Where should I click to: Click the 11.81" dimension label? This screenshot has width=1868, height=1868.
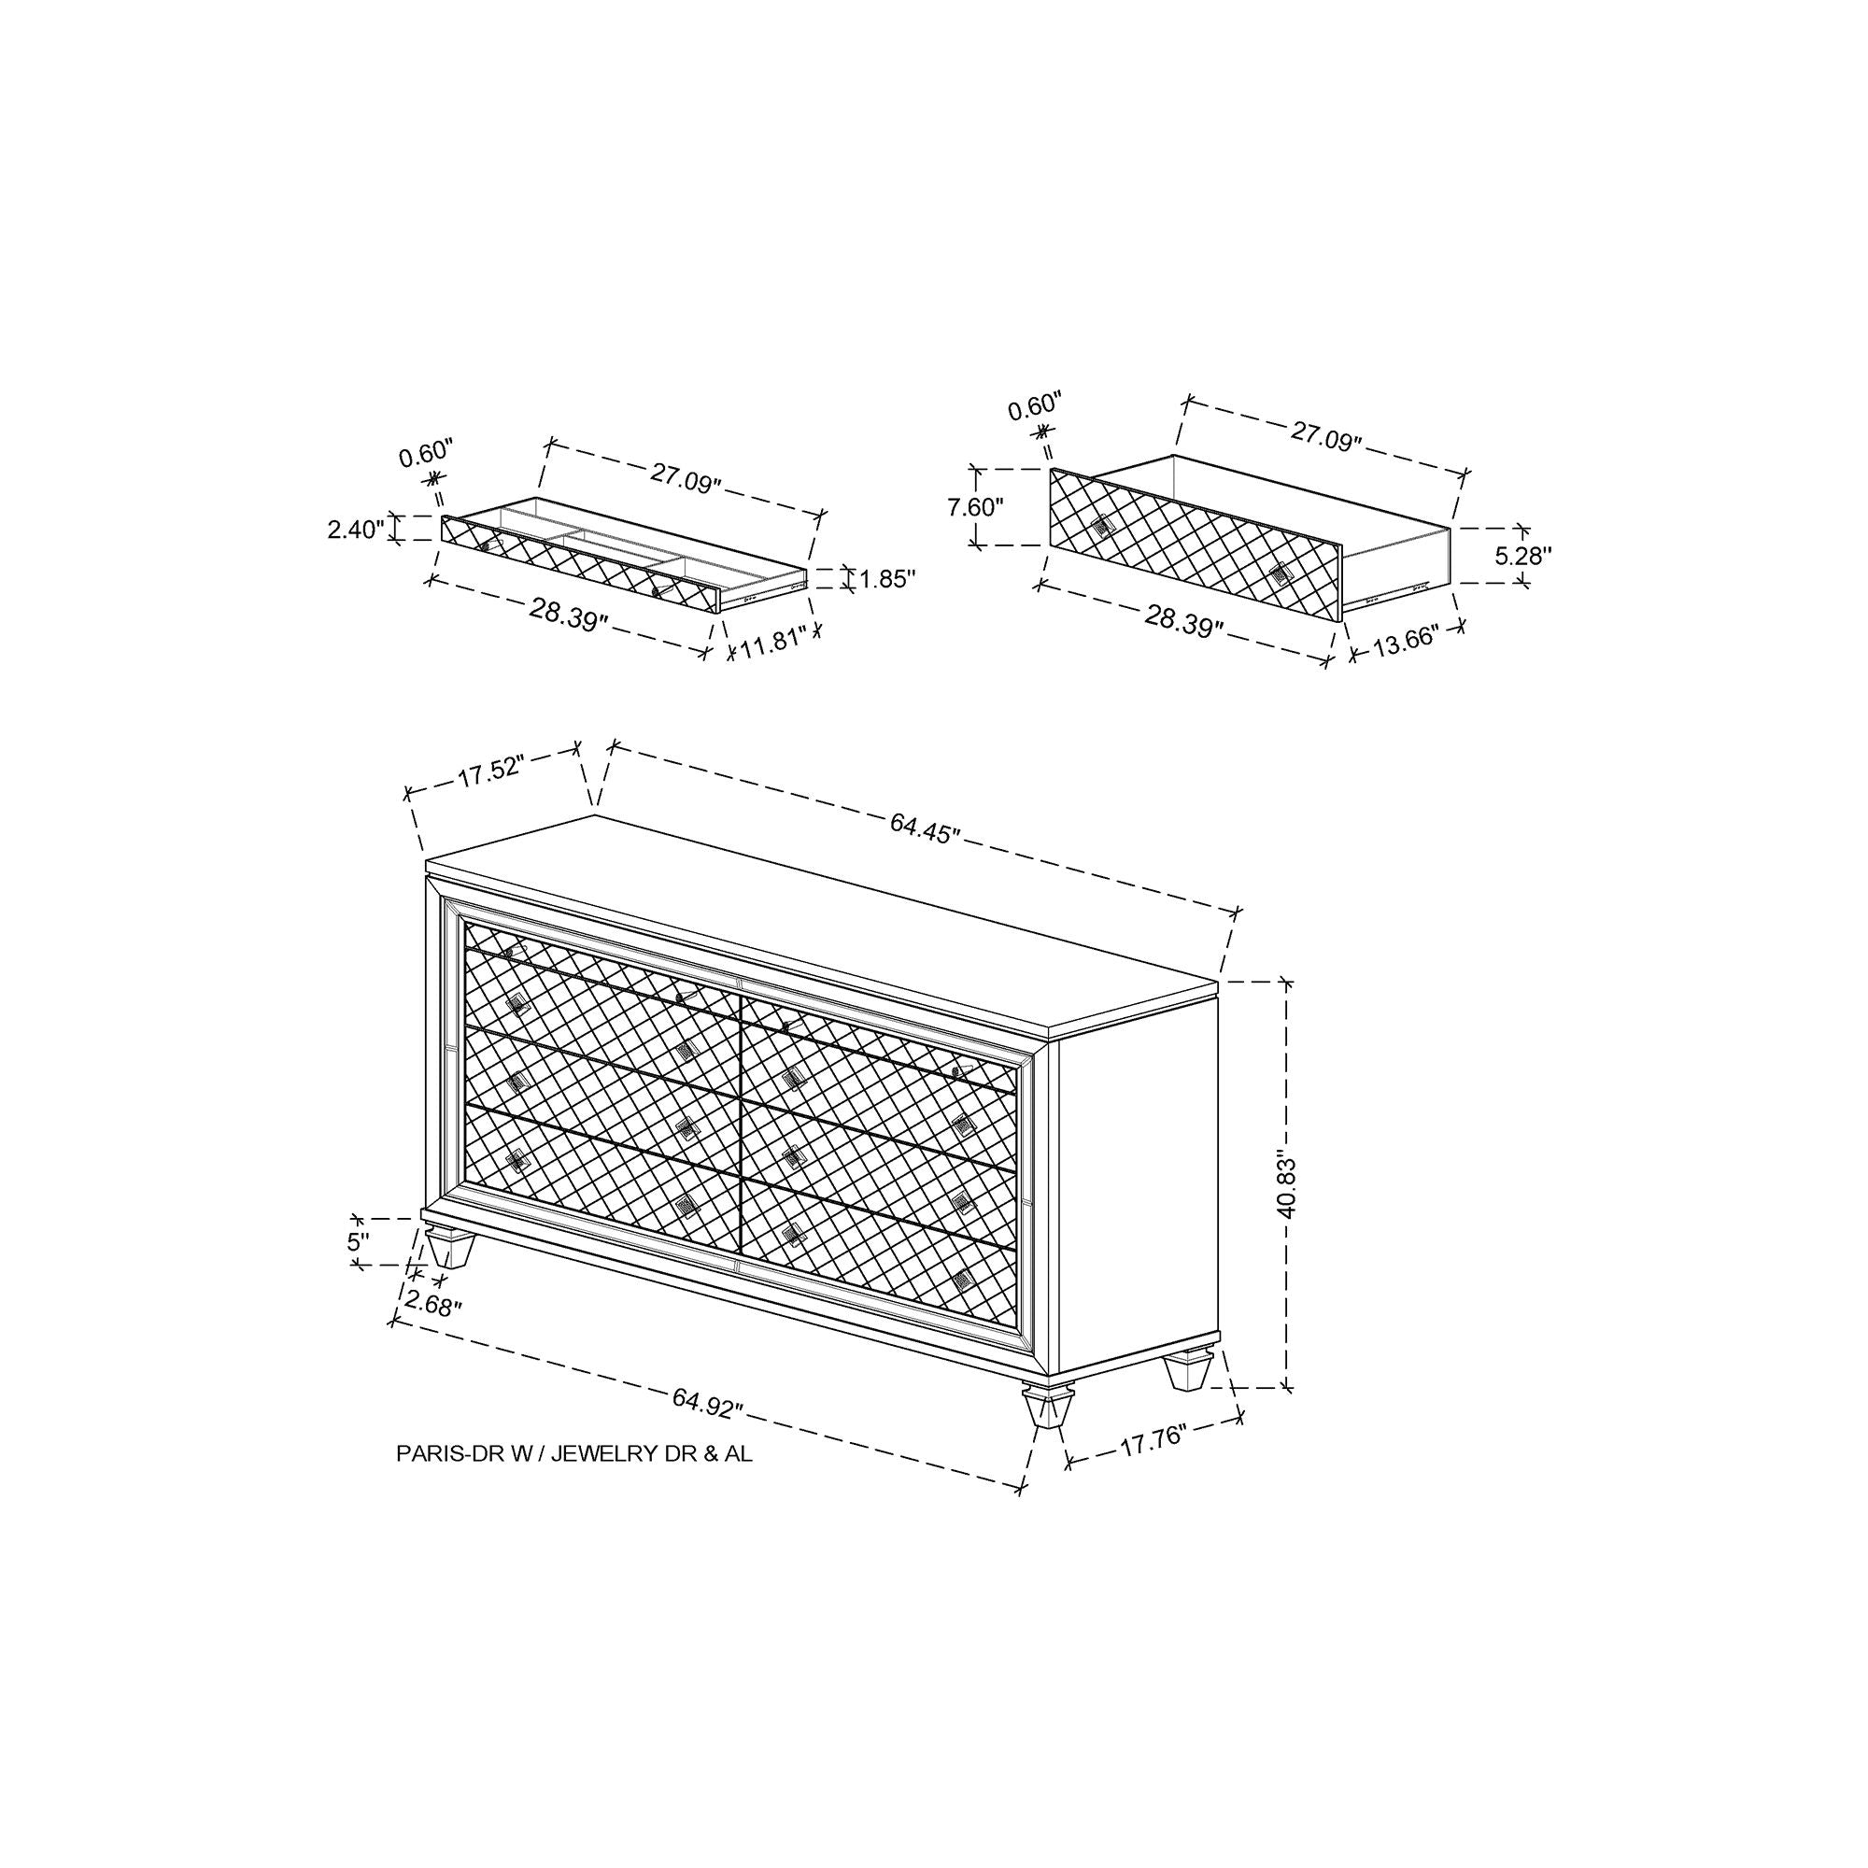click(x=773, y=643)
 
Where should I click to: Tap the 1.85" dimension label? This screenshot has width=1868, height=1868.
click(x=886, y=578)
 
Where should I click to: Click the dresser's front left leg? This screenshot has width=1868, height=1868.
click(x=446, y=1248)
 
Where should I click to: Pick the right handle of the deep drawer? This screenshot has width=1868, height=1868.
click(x=1281, y=573)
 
